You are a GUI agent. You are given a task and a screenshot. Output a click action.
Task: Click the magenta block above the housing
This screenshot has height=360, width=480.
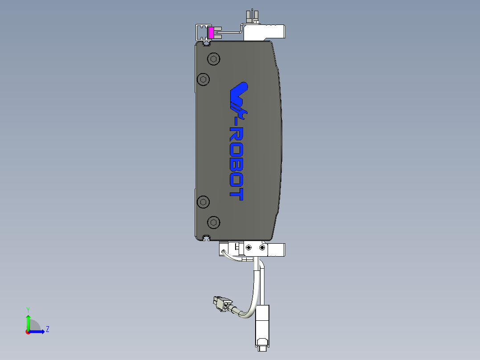tap(211, 33)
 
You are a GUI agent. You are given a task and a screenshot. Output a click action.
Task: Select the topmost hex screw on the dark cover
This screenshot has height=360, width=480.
tap(214, 59)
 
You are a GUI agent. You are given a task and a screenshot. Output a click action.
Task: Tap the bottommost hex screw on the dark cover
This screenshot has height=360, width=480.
tap(214, 222)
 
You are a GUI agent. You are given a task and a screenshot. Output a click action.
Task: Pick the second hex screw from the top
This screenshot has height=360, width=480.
tap(203, 79)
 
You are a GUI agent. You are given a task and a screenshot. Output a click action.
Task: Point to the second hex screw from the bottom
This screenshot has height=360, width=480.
tap(203, 202)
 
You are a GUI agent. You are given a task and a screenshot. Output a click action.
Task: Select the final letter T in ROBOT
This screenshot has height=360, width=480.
tap(236, 194)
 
